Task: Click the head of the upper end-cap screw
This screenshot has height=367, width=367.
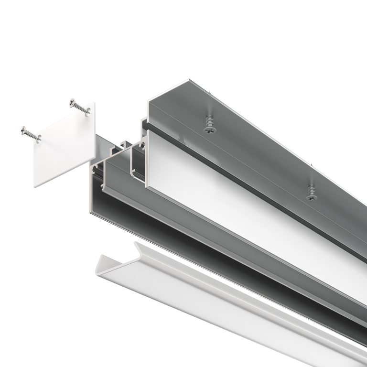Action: pyautogui.click(x=73, y=102)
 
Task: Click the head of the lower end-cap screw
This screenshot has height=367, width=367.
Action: pyautogui.click(x=24, y=130)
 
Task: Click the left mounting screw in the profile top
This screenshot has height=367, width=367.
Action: pyautogui.click(x=208, y=128)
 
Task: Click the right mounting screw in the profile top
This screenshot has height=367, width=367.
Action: pyautogui.click(x=312, y=195)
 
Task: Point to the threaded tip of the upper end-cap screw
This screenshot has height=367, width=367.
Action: pyautogui.click(x=89, y=113)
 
